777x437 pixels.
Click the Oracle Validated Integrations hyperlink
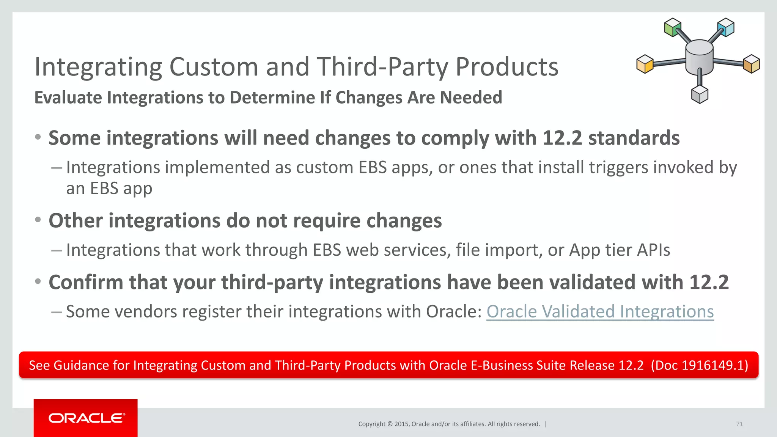pyautogui.click(x=600, y=312)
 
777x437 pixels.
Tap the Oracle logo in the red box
pyautogui.click(x=87, y=418)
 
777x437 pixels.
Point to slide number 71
pyautogui.click(x=739, y=424)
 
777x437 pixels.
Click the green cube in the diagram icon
pyautogui.click(x=673, y=27)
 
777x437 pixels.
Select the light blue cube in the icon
pyautogui.click(x=726, y=27)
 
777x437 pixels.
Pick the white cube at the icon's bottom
pyautogui.click(x=700, y=94)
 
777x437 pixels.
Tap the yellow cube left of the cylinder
pyautogui.click(x=645, y=64)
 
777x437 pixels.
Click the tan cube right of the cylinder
pyautogui.click(x=752, y=64)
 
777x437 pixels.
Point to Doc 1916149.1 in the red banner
pyautogui.click(x=699, y=365)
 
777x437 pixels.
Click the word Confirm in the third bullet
pyautogui.click(x=86, y=283)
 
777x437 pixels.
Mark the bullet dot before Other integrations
pyautogui.click(x=38, y=220)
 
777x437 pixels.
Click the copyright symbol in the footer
pyautogui.click(x=390, y=424)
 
